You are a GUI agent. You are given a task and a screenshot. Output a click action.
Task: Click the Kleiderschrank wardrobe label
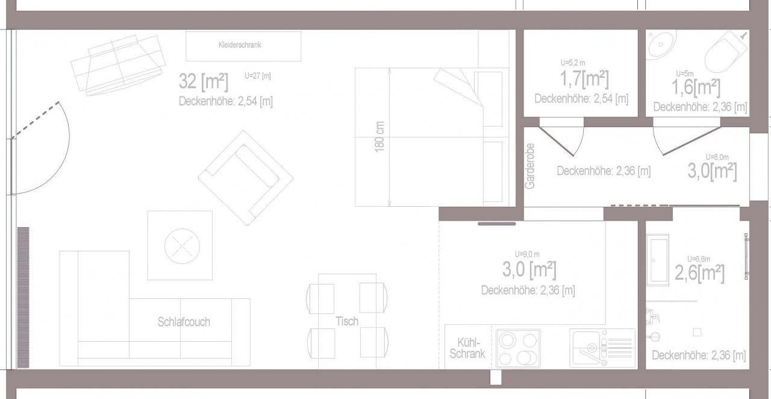(x=240, y=45)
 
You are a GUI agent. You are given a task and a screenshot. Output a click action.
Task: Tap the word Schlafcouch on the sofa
(x=184, y=322)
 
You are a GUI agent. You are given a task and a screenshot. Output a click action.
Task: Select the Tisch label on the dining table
(x=347, y=321)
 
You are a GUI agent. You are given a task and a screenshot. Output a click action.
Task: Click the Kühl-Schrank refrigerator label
(x=467, y=348)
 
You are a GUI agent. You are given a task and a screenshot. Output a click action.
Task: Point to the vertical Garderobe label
(x=530, y=166)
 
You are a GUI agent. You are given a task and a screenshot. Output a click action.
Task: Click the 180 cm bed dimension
(x=379, y=137)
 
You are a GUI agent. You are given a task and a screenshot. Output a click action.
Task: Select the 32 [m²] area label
(x=204, y=81)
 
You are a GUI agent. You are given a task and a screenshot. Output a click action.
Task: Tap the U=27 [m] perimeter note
(x=258, y=75)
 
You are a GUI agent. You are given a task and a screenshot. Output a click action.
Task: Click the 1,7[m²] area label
(x=584, y=79)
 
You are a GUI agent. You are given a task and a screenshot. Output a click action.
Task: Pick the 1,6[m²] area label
(x=696, y=87)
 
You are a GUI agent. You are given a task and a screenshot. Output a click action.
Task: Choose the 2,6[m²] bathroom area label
(x=699, y=273)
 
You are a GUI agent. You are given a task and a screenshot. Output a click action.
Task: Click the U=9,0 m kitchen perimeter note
(x=527, y=254)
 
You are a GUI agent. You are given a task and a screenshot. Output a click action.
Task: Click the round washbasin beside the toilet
(x=660, y=45)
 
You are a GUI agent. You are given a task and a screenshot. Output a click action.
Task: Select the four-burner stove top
(x=518, y=348)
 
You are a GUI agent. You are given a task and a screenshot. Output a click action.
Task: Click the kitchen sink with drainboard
(x=602, y=348)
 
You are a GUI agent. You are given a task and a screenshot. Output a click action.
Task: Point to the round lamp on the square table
(x=182, y=246)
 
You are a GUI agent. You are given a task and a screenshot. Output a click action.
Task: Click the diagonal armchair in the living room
(x=246, y=178)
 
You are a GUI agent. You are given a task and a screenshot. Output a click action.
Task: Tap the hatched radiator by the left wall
(x=23, y=297)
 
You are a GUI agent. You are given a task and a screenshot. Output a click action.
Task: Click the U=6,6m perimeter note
(x=699, y=259)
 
